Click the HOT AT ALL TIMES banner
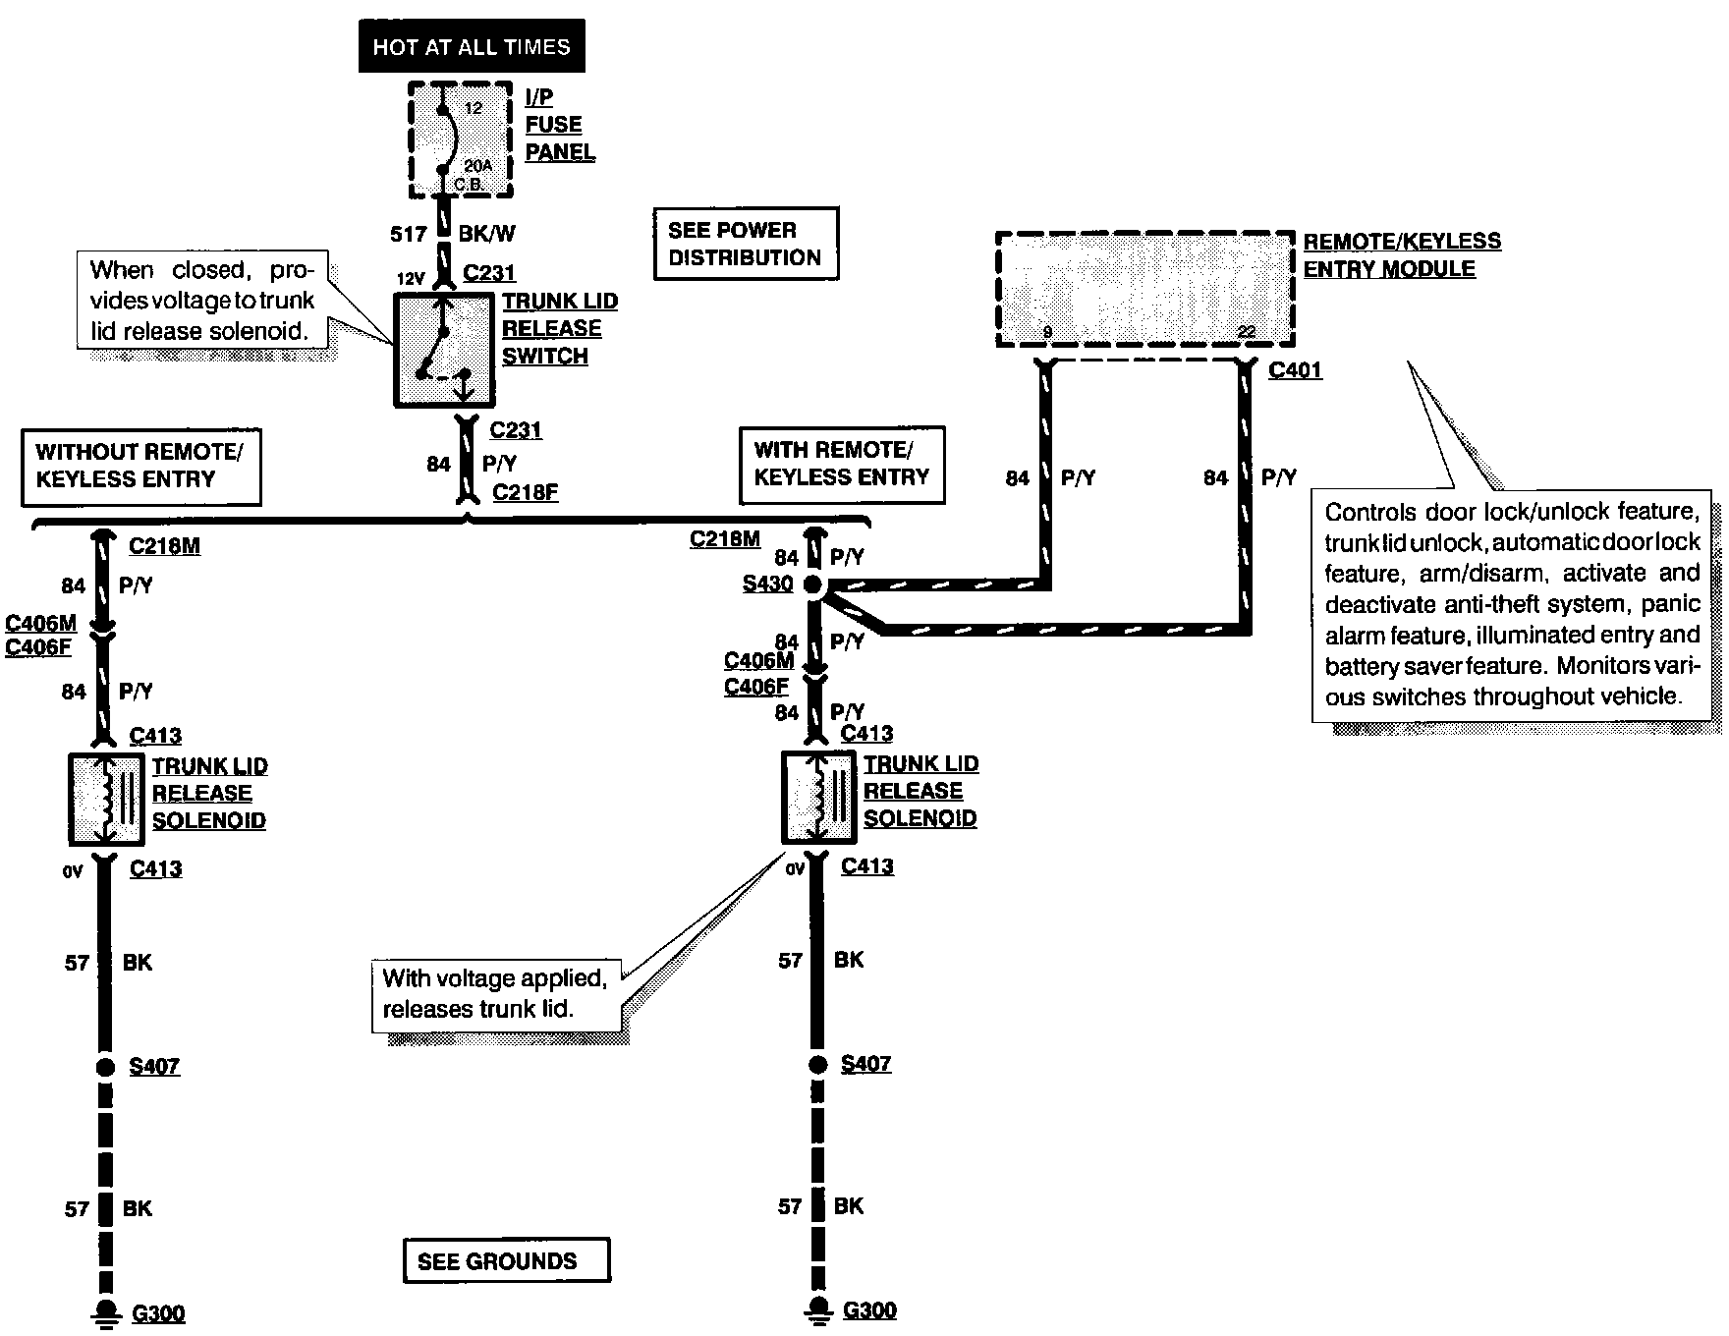coord(472,46)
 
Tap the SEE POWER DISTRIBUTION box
coord(746,244)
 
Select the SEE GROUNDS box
coord(506,1260)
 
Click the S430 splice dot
coord(812,585)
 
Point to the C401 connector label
coord(1295,370)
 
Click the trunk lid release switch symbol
coord(444,350)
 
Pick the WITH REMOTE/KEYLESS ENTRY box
coord(842,464)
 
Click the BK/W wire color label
coord(486,234)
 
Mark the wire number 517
coord(409,234)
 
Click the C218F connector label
coord(526,492)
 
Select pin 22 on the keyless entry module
coord(1247,332)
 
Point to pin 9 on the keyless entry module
coord(1047,332)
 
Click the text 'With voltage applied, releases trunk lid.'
coord(495,993)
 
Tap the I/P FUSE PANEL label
coord(560,125)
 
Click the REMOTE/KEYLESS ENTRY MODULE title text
coord(1402,254)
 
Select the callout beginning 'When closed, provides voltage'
coord(202,300)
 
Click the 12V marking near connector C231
coord(410,278)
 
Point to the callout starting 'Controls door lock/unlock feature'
coord(1512,604)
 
